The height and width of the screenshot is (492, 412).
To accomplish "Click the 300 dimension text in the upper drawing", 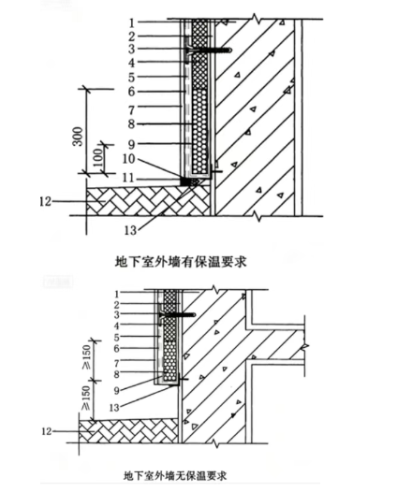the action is pyautogui.click(x=78, y=137).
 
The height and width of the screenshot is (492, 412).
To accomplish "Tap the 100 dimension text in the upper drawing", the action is pyautogui.click(x=98, y=158).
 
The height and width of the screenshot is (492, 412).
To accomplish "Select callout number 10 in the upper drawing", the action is pyautogui.click(x=129, y=159).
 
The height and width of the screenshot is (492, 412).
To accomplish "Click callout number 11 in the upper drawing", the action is pyautogui.click(x=128, y=179).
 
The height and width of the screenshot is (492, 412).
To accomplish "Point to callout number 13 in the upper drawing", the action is pyautogui.click(x=131, y=231).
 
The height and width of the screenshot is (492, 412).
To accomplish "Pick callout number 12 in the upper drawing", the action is pyautogui.click(x=45, y=201).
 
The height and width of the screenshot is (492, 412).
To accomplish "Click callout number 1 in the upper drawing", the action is pyautogui.click(x=132, y=22).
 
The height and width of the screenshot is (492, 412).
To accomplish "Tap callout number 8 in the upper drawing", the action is pyautogui.click(x=131, y=124).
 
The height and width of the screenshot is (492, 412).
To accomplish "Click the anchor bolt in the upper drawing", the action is pyautogui.click(x=209, y=50).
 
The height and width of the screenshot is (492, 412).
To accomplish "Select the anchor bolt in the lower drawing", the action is pyautogui.click(x=177, y=314).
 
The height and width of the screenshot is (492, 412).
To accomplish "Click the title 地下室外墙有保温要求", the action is pyautogui.click(x=181, y=262).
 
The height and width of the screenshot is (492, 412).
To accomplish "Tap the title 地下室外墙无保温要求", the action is pyautogui.click(x=175, y=476).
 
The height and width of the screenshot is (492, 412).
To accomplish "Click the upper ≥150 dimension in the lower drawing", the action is pyautogui.click(x=86, y=357).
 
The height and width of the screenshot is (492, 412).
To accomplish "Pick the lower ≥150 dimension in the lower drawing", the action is pyautogui.click(x=86, y=398).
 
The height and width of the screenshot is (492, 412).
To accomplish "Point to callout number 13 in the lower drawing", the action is pyautogui.click(x=114, y=407).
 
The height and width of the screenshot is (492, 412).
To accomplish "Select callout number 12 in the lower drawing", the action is pyautogui.click(x=46, y=431).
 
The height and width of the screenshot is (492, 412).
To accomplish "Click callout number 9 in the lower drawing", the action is pyautogui.click(x=116, y=391).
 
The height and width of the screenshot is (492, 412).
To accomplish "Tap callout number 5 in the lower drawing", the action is pyautogui.click(x=116, y=338).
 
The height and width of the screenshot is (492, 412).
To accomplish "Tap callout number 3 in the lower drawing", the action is pyautogui.click(x=116, y=314).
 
